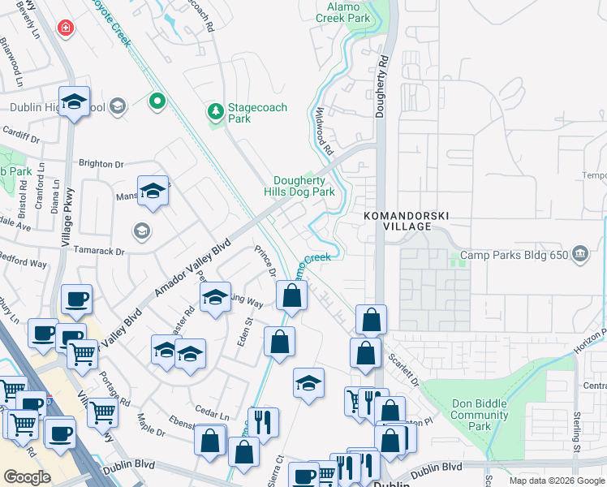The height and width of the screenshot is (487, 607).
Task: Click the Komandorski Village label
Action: tap(407, 220)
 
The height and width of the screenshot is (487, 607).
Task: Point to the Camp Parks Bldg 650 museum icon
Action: tap(580, 255)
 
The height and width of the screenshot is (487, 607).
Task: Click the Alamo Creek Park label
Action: tap(342, 11)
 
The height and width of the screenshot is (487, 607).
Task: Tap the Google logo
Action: tap(28, 476)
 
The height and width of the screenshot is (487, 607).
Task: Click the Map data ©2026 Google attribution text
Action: tap(557, 481)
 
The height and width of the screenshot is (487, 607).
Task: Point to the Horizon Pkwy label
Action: tap(592, 339)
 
